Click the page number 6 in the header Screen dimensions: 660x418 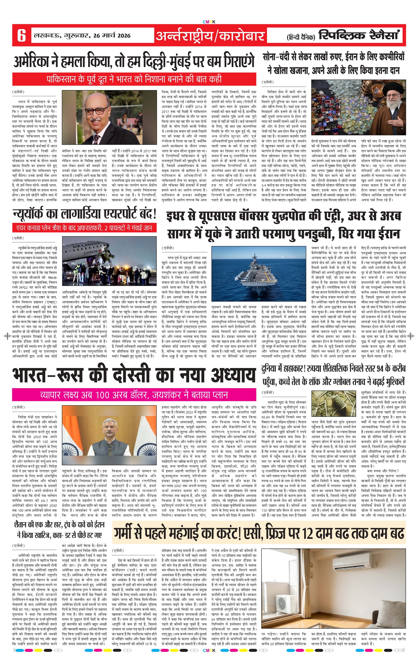(x=21, y=35)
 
